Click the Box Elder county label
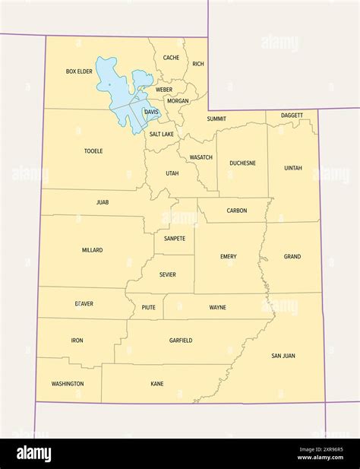pos(79,71)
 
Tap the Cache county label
pos(172,58)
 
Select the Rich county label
pos(198,65)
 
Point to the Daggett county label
pos(292,116)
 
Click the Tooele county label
pos(93,151)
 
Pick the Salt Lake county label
pos(161,135)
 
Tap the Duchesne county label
pos(243,163)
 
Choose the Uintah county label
pos(292,168)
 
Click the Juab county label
pos(103,203)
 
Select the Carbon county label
pos(237,211)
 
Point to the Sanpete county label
pos(175,239)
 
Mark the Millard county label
pos(92,250)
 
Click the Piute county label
pos(149,307)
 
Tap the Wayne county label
pos(217,307)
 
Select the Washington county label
pos(68,384)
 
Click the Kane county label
pos(157,385)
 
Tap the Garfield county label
pos(181,341)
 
